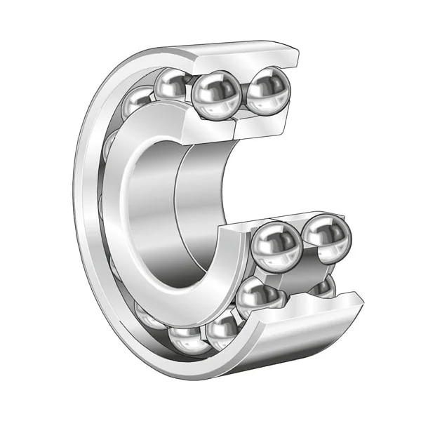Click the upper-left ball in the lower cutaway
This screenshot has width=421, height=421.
coord(276,245)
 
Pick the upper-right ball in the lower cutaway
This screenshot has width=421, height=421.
coord(327,237)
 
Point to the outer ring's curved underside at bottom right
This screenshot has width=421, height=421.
coord(295,351)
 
